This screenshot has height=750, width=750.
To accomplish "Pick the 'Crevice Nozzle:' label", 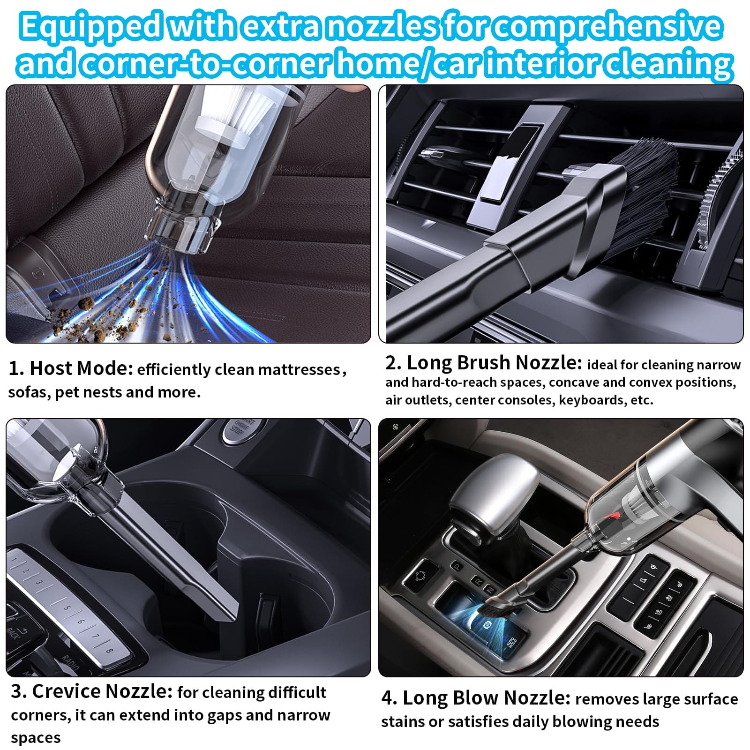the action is (92, 691).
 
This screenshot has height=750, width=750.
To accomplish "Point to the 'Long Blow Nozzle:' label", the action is (476, 698).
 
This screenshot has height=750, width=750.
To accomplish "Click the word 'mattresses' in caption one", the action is (299, 370).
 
